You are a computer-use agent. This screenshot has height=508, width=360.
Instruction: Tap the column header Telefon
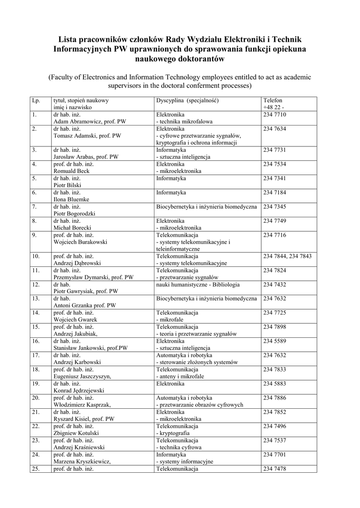point(273,100)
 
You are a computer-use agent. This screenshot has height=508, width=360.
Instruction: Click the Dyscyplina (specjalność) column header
point(187,100)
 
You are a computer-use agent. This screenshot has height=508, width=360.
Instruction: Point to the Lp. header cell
point(36,100)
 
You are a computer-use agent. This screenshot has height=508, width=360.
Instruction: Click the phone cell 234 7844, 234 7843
point(287,256)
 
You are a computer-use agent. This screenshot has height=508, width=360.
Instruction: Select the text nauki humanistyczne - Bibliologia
point(198,285)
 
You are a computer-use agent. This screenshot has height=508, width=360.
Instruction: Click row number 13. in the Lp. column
point(36,299)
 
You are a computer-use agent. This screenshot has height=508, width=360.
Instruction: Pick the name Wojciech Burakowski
point(80,242)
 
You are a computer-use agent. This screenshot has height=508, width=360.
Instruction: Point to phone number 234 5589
point(275,341)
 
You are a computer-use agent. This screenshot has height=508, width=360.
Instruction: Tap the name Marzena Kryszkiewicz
point(82,461)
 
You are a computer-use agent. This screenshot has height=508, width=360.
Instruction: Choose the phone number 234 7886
point(275,398)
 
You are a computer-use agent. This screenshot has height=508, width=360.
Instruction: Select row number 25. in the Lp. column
point(36,469)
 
